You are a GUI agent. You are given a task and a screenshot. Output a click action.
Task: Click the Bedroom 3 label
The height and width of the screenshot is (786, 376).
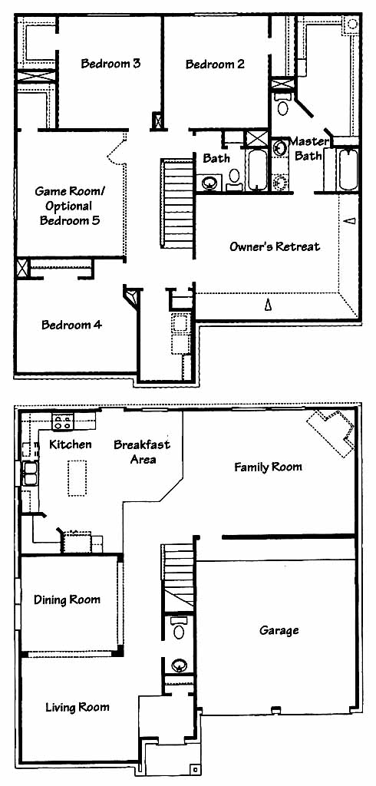(x=110, y=64)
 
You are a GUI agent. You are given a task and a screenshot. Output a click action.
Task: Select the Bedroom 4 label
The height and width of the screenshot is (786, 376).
(x=71, y=325)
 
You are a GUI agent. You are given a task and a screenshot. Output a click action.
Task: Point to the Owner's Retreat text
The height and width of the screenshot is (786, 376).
(x=275, y=246)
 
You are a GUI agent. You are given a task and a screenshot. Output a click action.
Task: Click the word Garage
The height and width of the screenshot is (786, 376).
(x=279, y=630)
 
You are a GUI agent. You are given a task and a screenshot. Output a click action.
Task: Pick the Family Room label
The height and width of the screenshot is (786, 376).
(x=269, y=467)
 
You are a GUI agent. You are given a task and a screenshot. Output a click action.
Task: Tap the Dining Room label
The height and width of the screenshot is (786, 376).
(x=67, y=599)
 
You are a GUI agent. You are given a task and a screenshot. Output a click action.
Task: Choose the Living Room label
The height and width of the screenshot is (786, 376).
(x=78, y=707)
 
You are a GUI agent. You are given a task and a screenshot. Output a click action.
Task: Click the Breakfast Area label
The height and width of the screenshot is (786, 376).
(x=142, y=451)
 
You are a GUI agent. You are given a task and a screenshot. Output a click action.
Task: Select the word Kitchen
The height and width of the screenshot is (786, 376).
(x=71, y=444)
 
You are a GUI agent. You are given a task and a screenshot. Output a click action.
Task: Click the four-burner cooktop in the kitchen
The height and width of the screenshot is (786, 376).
(x=63, y=421)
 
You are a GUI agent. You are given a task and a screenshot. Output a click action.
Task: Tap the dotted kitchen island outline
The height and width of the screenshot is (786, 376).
(x=78, y=478)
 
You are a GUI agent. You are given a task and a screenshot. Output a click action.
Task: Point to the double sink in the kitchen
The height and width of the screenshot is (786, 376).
(x=30, y=474)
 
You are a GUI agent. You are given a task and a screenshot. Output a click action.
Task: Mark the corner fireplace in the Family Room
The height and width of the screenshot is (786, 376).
(x=331, y=432)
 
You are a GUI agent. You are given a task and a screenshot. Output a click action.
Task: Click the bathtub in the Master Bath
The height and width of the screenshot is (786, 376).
(x=348, y=170)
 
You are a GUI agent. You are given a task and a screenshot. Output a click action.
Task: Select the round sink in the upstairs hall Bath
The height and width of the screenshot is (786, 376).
(x=209, y=183)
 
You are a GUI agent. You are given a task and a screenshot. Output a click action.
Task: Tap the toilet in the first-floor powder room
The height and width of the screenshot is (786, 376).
(x=179, y=629)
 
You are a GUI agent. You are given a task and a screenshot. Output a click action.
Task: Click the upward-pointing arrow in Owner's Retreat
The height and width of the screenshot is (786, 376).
(x=268, y=304)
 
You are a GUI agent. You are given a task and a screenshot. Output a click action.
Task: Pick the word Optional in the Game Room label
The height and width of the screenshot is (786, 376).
(x=70, y=206)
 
